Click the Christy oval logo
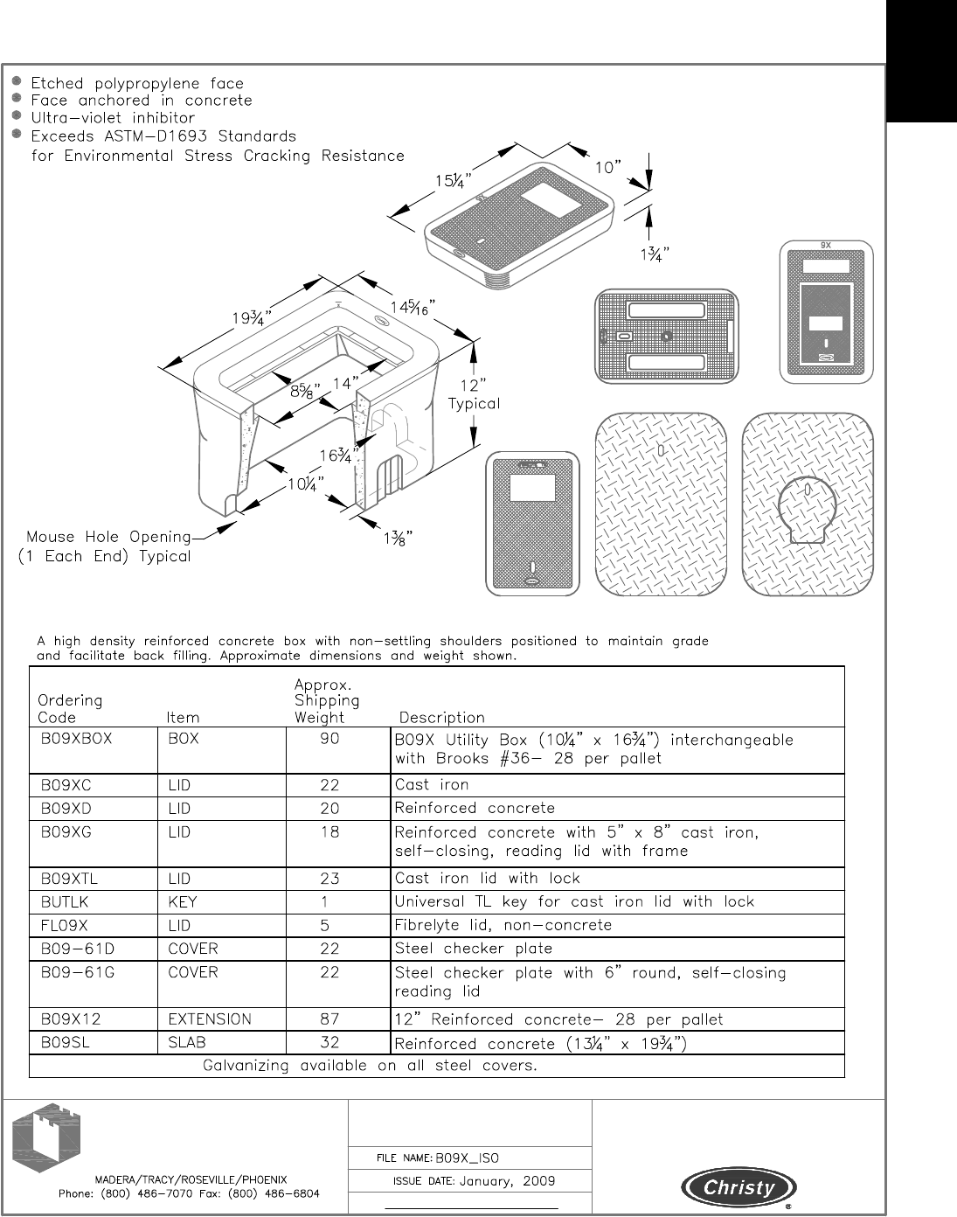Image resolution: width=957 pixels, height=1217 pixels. click(x=739, y=1187)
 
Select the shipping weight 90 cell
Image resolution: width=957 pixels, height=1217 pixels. click(x=329, y=739)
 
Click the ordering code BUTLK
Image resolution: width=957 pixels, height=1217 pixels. click(x=64, y=901)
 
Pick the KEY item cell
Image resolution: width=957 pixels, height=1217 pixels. click(x=183, y=901)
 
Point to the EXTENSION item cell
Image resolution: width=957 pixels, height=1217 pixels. click(x=210, y=1019)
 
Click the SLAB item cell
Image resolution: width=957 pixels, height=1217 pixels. click(x=187, y=1042)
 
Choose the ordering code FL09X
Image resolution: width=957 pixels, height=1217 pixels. click(x=65, y=925)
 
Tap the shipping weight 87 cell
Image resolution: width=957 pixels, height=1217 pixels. click(x=329, y=1019)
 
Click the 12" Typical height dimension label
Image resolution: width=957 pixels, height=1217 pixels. click(x=474, y=394)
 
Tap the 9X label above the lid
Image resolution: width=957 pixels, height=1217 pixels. click(x=826, y=246)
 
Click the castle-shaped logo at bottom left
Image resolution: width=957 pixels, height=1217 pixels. click(x=47, y=1138)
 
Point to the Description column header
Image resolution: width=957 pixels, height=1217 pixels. click(x=441, y=718)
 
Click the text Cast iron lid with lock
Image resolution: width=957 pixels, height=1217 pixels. click(x=488, y=878)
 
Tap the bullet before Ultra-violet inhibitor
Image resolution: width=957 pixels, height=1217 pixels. click(x=17, y=116)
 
